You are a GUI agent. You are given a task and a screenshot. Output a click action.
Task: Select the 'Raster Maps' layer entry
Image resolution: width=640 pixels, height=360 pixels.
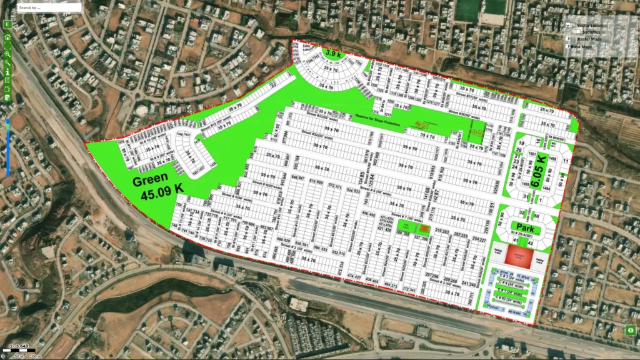point(588,39)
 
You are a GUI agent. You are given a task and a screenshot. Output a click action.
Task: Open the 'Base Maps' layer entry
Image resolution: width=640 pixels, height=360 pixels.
point(585,47)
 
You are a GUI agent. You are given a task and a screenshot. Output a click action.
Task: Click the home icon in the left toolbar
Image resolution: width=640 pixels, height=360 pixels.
point(7,37)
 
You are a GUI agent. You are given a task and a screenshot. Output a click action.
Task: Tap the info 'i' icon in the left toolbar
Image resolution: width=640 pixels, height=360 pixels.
point(7,71)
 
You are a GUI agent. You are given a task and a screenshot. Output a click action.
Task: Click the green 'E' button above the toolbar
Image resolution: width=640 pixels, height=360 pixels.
point(7,24)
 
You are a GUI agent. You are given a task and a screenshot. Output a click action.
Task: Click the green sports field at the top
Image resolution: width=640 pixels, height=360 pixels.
point(481,9)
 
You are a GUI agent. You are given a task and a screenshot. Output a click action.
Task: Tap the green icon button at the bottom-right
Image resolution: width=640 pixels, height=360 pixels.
point(630,330)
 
